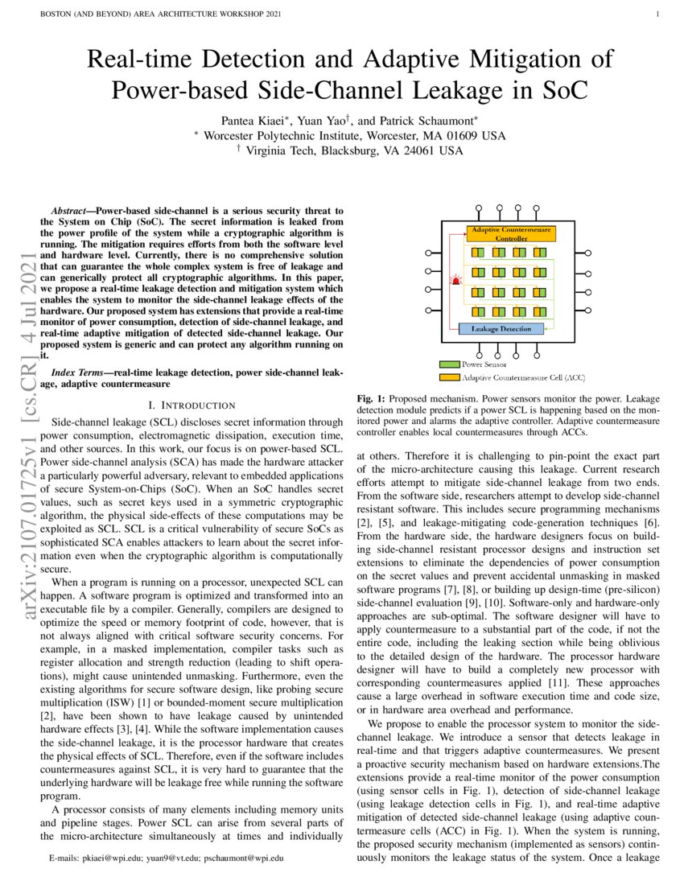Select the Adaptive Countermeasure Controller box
[x=511, y=234]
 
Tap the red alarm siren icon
[x=456, y=281]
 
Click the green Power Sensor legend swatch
[x=449, y=364]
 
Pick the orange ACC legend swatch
[x=449, y=377]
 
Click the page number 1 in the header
[x=658, y=14]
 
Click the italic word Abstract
[x=69, y=209]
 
